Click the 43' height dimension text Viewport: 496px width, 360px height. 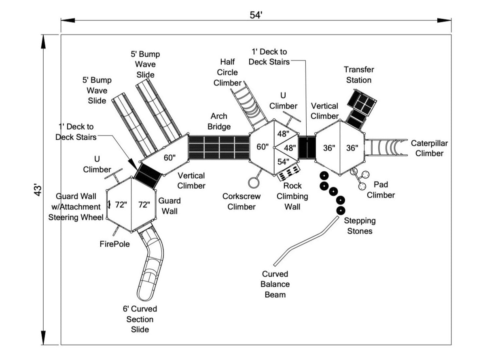(x=38, y=190)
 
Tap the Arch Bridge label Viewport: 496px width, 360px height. (x=219, y=121)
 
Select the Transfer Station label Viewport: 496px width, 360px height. (x=358, y=75)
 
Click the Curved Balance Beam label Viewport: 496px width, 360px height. (x=275, y=284)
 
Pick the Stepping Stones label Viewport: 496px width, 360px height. (x=360, y=226)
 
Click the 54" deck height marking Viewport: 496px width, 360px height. (x=283, y=161)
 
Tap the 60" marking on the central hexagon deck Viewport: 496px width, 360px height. (x=263, y=147)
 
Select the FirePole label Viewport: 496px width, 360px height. (x=114, y=244)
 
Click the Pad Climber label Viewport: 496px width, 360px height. (x=381, y=190)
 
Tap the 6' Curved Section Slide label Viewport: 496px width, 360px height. (x=140, y=319)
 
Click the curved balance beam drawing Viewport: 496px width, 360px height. (x=307, y=241)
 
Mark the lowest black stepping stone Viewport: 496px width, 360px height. (x=341, y=211)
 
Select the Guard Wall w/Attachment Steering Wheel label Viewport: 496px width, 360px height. (x=76, y=207)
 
